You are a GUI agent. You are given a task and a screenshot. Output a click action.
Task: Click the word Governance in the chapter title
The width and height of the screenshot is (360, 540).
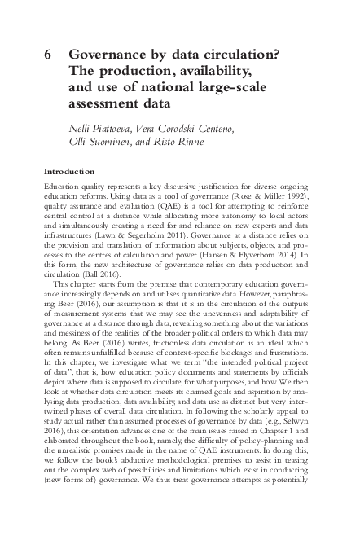(108, 55)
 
